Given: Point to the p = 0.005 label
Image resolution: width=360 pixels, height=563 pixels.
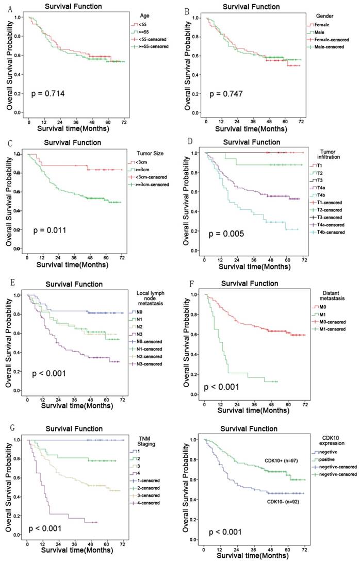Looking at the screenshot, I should [x=226, y=234].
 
